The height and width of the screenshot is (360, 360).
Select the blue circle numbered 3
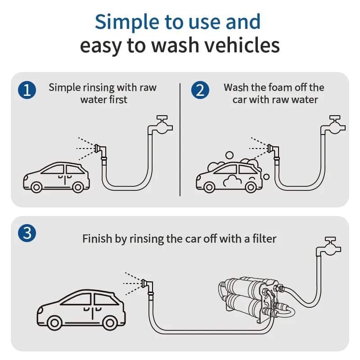(x=27, y=233)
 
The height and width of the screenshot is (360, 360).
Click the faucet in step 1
(x=162, y=124)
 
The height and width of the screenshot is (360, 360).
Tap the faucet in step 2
(x=335, y=124)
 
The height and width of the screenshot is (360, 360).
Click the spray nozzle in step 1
(x=99, y=148)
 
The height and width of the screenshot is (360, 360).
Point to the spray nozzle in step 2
(x=272, y=148)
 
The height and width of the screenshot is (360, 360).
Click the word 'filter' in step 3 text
(x=263, y=238)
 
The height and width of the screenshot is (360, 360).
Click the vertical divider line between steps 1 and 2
(x=180, y=139)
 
